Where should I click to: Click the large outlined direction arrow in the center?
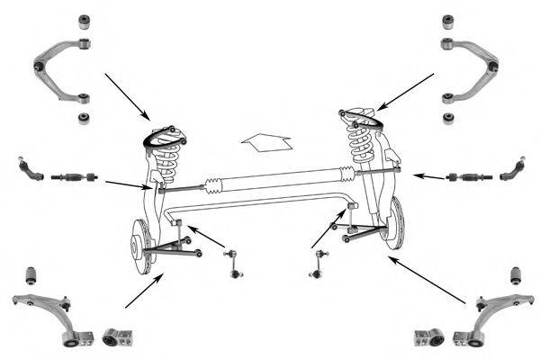(x=266, y=140)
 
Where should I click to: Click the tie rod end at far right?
(x=513, y=168)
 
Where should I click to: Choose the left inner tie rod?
(x=74, y=175)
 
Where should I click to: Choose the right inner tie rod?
(x=469, y=176)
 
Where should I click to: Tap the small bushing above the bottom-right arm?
(x=516, y=274)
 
